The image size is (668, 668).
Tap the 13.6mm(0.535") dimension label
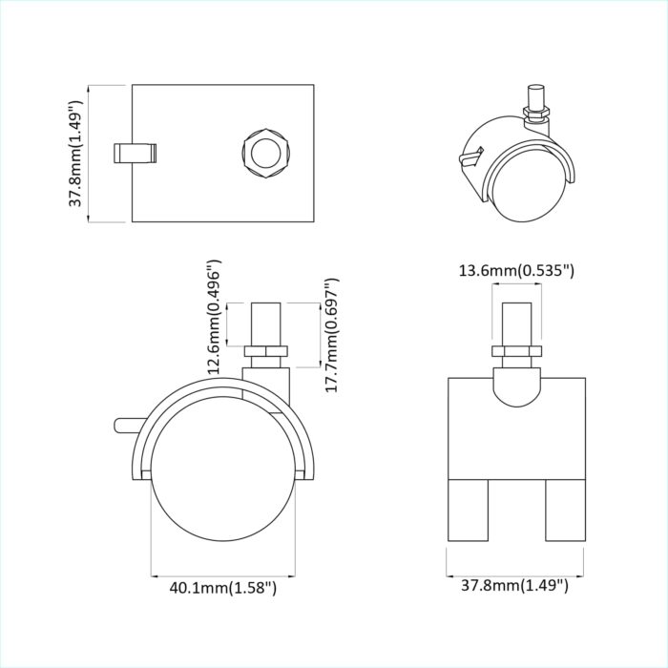pos(516,271)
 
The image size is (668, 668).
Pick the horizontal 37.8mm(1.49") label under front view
pos(516,585)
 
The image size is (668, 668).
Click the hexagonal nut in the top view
pos(261,152)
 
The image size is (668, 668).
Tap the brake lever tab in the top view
pos(136,153)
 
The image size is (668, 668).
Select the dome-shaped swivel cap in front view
pos(516,386)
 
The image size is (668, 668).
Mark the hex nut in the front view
pos(516,352)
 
